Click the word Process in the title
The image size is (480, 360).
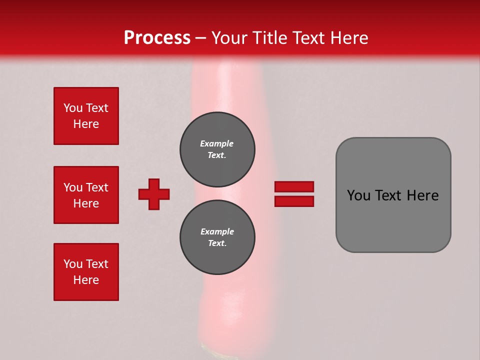157,37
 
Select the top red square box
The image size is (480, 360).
86,116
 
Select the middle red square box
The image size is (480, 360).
86,195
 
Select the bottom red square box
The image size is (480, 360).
86,271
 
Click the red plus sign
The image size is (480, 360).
154,194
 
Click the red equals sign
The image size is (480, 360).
294,194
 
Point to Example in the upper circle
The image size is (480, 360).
216,143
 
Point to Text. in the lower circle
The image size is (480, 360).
217,243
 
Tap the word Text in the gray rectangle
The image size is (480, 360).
388,195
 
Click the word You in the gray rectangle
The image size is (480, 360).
358,195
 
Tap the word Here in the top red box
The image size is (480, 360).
86,124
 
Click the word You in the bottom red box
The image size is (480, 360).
73,263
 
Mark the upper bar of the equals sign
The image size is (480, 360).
294,186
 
